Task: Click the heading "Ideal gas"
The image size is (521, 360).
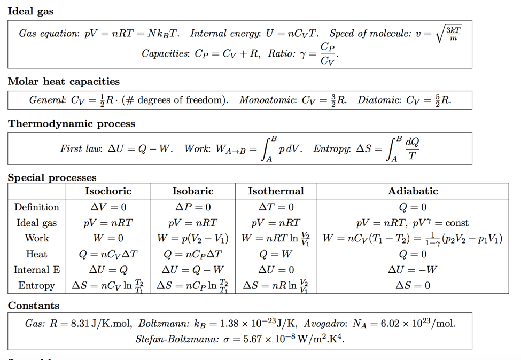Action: coord(30,11)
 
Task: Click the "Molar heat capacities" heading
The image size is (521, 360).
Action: coord(64,82)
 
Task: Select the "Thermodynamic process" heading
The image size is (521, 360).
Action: coord(71,124)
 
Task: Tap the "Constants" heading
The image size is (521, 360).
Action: coord(33,306)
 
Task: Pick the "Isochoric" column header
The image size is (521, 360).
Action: coord(108,191)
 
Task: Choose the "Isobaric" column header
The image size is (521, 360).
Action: coord(193,191)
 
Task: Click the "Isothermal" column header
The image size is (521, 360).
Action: coord(276,191)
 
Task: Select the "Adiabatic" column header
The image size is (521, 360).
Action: coord(413,191)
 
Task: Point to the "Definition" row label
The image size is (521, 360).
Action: coord(37,207)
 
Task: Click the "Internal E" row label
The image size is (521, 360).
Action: coord(37,270)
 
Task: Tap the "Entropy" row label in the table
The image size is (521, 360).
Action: coord(37,286)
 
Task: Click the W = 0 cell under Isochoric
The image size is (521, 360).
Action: coord(108,239)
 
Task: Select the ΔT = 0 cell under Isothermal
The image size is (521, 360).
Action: coord(276,207)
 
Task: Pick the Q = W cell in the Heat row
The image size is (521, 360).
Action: coord(276,254)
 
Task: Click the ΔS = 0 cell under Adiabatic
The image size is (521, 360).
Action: coord(413,286)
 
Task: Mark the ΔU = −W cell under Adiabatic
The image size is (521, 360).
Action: coord(413,270)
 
